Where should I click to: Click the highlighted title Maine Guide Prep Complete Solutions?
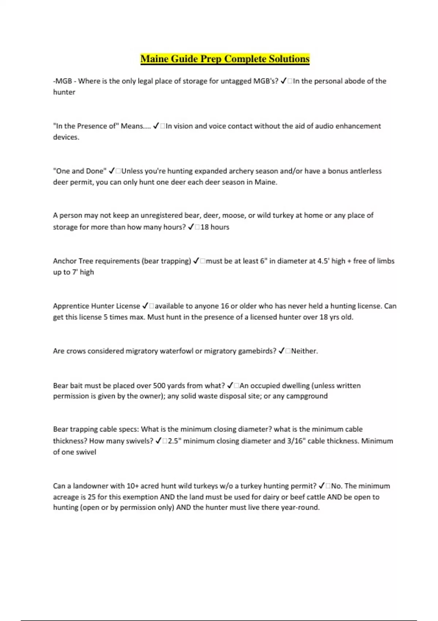(x=225, y=59)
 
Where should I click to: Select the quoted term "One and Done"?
(x=80, y=171)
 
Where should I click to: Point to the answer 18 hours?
(x=215, y=227)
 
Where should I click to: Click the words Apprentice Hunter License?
(x=96, y=306)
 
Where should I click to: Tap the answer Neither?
(x=304, y=351)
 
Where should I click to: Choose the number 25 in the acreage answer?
(x=92, y=497)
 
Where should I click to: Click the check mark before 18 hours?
(x=191, y=227)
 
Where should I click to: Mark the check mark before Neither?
(x=281, y=351)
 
